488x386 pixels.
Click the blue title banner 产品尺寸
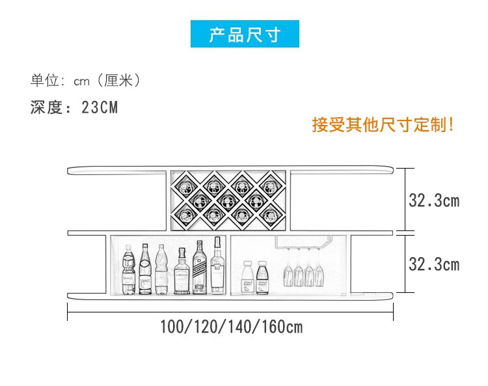click(x=244, y=34)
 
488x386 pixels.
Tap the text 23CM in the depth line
click(x=100, y=107)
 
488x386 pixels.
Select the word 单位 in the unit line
click(x=44, y=81)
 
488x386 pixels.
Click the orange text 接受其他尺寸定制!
click(x=383, y=124)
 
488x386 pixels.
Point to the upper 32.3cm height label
click(x=434, y=200)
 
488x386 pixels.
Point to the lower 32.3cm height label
click(x=434, y=264)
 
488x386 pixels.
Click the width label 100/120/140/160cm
click(x=231, y=327)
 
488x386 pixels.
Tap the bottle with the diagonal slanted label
click(x=199, y=268)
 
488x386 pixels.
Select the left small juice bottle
click(x=247, y=276)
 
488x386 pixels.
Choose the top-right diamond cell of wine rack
click(x=270, y=185)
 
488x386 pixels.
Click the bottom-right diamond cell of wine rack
click(x=270, y=213)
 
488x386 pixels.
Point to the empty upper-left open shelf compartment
click(x=117, y=202)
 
